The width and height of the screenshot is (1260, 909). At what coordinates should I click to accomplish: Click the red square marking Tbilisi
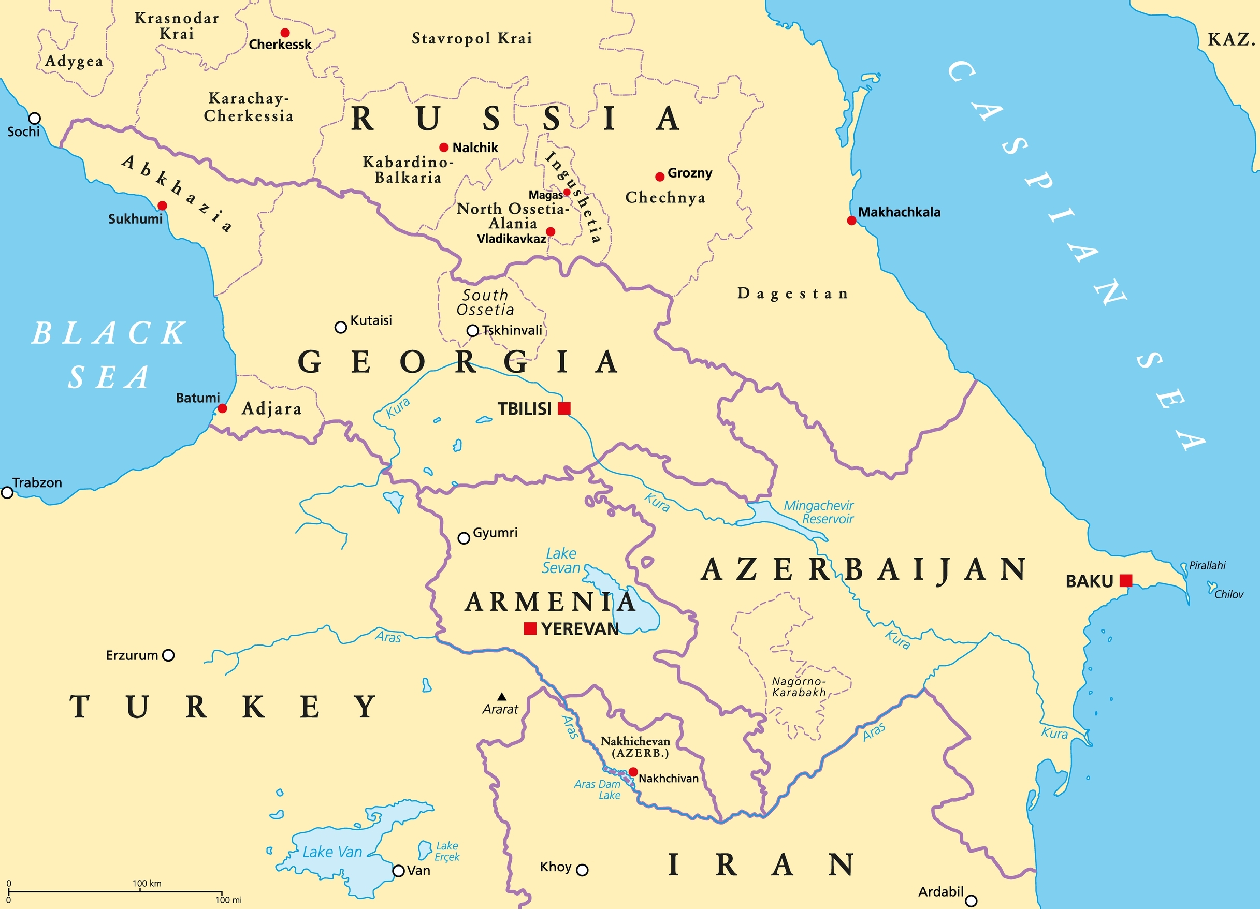pos(564,409)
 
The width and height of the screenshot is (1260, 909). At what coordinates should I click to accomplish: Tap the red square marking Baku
pos(1126,581)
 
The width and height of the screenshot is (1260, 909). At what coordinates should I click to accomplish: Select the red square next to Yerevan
pos(530,628)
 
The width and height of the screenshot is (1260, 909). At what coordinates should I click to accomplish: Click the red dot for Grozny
pos(659,177)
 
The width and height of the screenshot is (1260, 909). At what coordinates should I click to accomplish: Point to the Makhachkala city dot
pos(851,221)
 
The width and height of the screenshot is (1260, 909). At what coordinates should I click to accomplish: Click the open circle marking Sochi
pos(35,118)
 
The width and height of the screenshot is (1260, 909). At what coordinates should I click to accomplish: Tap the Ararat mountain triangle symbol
pos(502,696)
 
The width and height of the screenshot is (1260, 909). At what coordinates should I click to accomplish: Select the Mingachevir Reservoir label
pos(819,512)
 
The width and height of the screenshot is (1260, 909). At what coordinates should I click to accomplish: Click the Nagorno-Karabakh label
pos(799,687)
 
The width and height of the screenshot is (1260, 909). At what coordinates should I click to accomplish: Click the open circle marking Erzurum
pos(168,655)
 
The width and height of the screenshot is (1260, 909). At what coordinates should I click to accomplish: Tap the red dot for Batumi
pos(222,409)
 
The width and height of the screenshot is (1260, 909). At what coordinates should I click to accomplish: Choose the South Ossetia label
pos(485,302)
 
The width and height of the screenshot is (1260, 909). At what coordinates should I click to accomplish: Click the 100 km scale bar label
pos(147,884)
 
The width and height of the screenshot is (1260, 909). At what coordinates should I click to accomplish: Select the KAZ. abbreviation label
pos(1231,39)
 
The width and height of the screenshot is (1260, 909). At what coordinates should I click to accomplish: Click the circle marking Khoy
pos(582,870)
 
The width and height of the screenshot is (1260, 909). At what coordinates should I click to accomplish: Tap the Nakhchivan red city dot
pos(633,772)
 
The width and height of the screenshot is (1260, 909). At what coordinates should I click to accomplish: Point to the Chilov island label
pos(1228,595)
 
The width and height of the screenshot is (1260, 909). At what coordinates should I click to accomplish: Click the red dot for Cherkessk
pos(285,33)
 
